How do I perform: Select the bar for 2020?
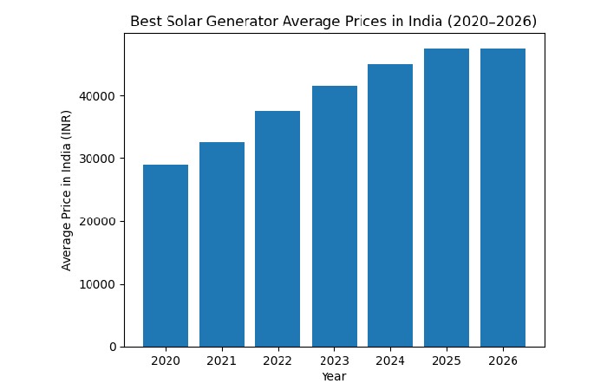click(166, 256)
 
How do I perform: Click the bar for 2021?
click(222, 244)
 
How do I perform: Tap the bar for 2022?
click(277, 229)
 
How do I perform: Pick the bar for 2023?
click(334, 216)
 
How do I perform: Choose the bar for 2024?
click(390, 205)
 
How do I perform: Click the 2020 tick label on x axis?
click(166, 361)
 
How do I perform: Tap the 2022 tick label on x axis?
click(277, 361)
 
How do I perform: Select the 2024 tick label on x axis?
click(390, 361)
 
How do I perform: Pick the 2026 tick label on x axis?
click(503, 361)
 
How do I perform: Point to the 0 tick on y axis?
click(113, 347)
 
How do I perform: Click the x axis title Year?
click(334, 376)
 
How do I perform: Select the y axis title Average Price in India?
click(67, 190)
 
